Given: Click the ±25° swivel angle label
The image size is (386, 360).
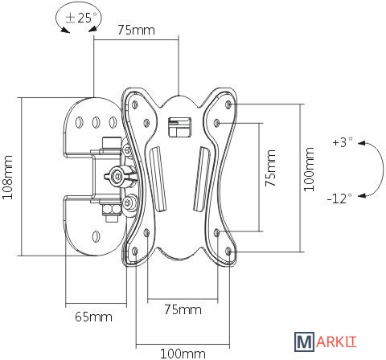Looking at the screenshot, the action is click(81, 18).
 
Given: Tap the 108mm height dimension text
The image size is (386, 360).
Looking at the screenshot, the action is click(7, 177).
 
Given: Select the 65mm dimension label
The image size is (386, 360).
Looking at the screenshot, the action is click(93, 317).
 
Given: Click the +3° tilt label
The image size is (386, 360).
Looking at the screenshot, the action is click(343, 142).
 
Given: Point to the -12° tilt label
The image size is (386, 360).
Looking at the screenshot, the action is click(339, 198).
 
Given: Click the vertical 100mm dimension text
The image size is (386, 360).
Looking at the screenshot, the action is click(309, 169).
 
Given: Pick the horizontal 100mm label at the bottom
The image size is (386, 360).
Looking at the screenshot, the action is click(183, 354).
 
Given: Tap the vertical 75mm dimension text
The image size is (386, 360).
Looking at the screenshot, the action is click(270, 168).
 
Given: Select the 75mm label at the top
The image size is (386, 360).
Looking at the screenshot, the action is click(137, 30).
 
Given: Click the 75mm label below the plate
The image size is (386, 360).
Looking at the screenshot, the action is click(183, 309).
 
